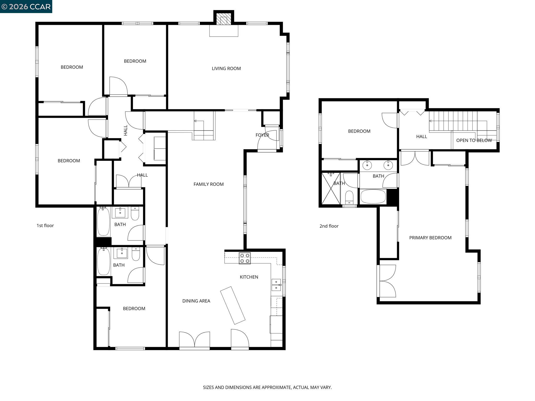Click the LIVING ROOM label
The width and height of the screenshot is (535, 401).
[226, 68]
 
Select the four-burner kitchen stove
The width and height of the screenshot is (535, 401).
[245, 258]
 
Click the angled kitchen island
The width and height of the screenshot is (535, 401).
[232, 305]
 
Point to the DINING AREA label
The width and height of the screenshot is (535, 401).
[196, 301]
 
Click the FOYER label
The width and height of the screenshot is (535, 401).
[262, 135]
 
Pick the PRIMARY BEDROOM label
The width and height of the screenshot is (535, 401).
[430, 238]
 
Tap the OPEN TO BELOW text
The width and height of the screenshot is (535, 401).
[474, 140]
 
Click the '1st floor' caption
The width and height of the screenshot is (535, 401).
[45, 226]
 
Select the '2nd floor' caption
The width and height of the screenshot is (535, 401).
[329, 226]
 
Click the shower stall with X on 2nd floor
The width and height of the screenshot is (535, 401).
[330, 188]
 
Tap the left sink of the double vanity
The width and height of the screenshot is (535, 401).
[367, 165]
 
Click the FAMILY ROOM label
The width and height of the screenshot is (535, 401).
[208, 184]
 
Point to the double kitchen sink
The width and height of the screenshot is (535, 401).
[276, 285]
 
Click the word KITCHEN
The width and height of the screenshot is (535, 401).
[249, 277]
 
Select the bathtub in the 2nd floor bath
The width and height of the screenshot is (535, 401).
[373, 197]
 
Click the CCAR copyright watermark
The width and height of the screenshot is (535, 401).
[26, 6]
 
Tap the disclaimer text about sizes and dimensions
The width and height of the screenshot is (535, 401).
[267, 387]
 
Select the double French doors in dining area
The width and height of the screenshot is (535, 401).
[195, 340]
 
